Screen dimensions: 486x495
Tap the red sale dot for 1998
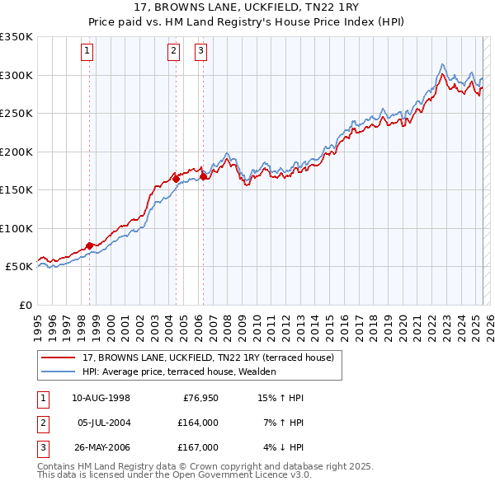click(x=90, y=245)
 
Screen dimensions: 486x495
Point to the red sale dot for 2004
click(x=176, y=178)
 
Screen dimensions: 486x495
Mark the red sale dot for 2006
click(x=203, y=175)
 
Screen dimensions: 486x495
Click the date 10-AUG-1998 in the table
click(x=101, y=398)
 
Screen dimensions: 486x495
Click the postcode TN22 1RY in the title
click(x=315, y=8)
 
